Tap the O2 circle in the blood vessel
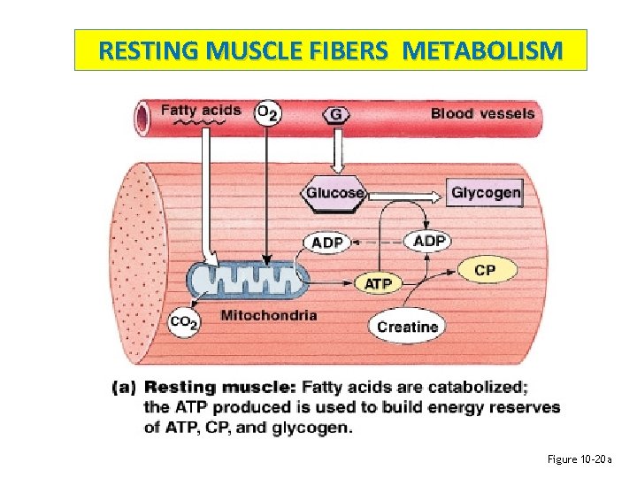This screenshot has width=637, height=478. tap(267, 113)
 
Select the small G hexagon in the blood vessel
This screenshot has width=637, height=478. tap(336, 114)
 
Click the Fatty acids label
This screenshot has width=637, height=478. tap(200, 111)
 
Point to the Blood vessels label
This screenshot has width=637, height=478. tap(482, 113)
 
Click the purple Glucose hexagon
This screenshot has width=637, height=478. tap(335, 192)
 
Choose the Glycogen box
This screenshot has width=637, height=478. tap(486, 192)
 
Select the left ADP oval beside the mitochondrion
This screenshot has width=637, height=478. tap(327, 243)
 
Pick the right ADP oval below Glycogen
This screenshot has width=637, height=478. tap(429, 241)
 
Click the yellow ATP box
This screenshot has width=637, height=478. tap(378, 283)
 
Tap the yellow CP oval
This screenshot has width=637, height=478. tap(485, 270)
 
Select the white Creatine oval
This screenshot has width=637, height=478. tap(407, 327)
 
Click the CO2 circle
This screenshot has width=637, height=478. tap(184, 323)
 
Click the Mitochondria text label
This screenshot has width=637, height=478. tap(268, 315)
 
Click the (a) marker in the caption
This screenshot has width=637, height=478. tap(125, 387)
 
